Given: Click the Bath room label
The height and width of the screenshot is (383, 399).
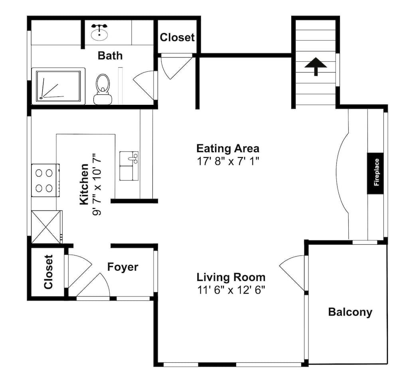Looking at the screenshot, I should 110,55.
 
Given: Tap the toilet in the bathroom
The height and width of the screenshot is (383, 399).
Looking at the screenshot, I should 103,88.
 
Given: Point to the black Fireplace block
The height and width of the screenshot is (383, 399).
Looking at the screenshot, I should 375,173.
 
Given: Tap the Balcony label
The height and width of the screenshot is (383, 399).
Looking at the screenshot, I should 350,312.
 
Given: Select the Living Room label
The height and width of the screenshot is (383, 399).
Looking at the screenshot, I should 231,277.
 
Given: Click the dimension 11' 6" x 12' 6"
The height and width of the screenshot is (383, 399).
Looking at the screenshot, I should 231,290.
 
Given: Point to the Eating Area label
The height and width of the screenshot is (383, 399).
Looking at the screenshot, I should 228,149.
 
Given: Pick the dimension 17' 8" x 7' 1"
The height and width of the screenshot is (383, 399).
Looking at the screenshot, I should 228,161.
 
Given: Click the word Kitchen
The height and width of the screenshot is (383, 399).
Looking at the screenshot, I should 84,184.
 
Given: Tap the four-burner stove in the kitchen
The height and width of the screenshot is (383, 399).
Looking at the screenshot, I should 45,180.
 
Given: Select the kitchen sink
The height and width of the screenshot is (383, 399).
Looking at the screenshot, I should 129,165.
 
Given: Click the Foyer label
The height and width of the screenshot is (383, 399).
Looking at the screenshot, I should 123,267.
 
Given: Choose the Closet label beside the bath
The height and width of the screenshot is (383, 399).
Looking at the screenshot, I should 177,37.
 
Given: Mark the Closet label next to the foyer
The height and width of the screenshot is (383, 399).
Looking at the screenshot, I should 48,272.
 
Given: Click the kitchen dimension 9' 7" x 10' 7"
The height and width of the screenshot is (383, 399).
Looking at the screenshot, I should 96,184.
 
